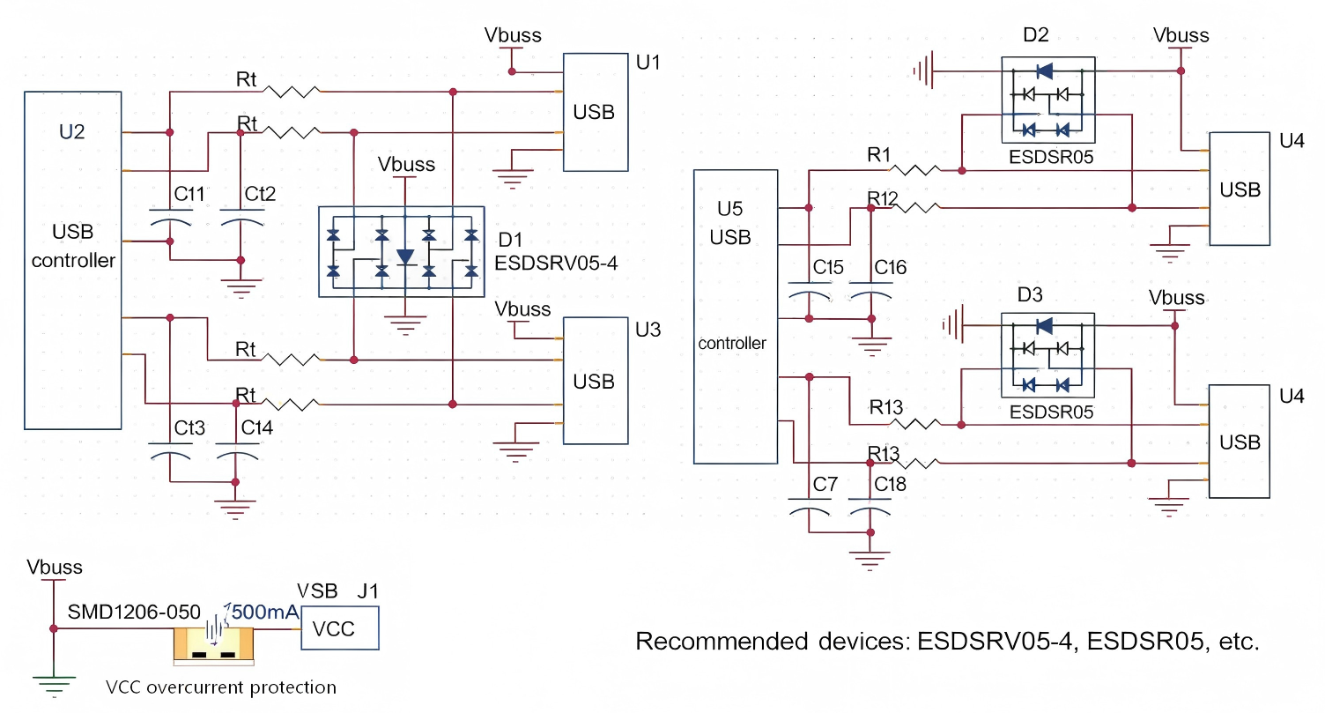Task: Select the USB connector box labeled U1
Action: pos(596,112)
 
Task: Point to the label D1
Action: pos(511,240)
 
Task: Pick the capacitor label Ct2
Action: pos(260,194)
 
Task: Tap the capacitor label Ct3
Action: pos(189,428)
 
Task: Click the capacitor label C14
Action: pos(257,428)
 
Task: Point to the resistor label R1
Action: pos(879,156)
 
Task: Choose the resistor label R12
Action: pos(882,198)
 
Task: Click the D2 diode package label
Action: pos(1037,36)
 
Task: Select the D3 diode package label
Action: pos(1029,293)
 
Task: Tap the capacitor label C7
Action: pos(825,484)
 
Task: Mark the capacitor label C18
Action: pos(890,484)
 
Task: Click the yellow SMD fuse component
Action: pos(213,644)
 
